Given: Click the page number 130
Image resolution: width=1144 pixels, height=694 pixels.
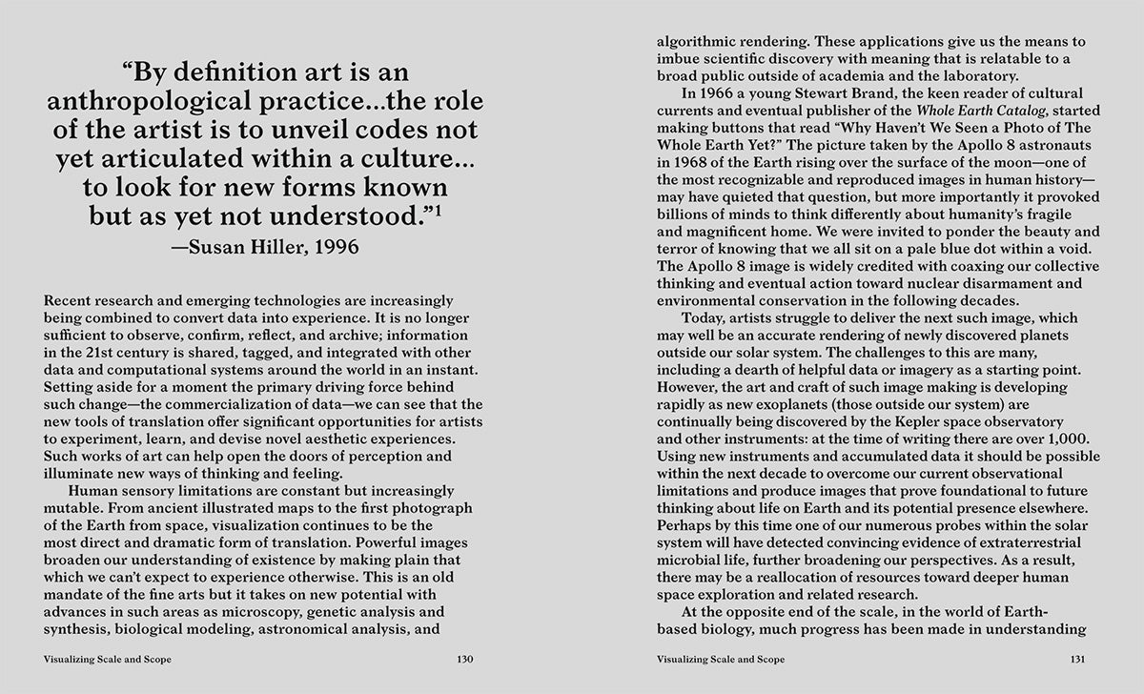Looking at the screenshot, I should tap(464, 659).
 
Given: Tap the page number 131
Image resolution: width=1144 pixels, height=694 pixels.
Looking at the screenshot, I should tap(1078, 659).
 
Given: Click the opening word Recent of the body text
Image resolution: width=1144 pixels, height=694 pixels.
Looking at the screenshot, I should tap(68, 300).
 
